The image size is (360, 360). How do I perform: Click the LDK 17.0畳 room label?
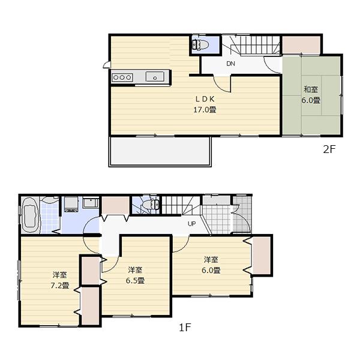click(204, 104)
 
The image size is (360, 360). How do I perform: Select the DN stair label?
click(230, 64)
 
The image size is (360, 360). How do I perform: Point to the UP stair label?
click(192, 224)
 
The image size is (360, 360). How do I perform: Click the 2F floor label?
click(328, 150)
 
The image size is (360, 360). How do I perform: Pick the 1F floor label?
click(184, 328)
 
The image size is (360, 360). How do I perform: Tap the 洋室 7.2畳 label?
click(60, 280)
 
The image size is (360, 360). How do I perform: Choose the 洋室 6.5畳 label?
click(135, 275)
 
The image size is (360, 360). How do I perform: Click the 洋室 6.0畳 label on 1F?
click(211, 265)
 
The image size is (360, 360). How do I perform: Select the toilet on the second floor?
click(199, 44)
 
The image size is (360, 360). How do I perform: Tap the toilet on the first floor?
click(149, 205)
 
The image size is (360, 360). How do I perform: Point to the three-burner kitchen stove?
click(122, 77)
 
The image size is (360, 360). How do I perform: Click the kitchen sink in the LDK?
click(155, 76)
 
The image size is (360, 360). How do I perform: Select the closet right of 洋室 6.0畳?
click(262, 255)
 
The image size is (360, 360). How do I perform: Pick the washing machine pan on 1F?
click(71, 204)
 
